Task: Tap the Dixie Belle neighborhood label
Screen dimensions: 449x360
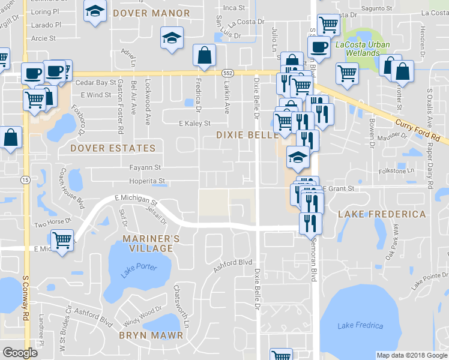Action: [x=247, y=135]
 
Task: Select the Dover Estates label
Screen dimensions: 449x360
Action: [x=113, y=148]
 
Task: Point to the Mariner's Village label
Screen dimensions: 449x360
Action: [x=151, y=244]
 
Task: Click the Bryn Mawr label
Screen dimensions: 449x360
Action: [x=150, y=335]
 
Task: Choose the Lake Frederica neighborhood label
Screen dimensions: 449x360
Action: [x=382, y=214]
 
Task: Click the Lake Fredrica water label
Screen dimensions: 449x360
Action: [x=360, y=326]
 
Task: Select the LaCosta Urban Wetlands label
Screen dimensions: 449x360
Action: [x=363, y=49]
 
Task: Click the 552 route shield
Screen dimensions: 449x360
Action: [x=227, y=72]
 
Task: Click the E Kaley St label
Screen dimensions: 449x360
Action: [x=195, y=124]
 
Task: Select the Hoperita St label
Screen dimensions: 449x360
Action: [x=146, y=181]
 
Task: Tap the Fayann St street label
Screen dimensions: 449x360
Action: [x=145, y=167]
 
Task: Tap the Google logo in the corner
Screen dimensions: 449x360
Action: [x=20, y=353]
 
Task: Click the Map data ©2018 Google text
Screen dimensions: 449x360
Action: [x=412, y=355]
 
